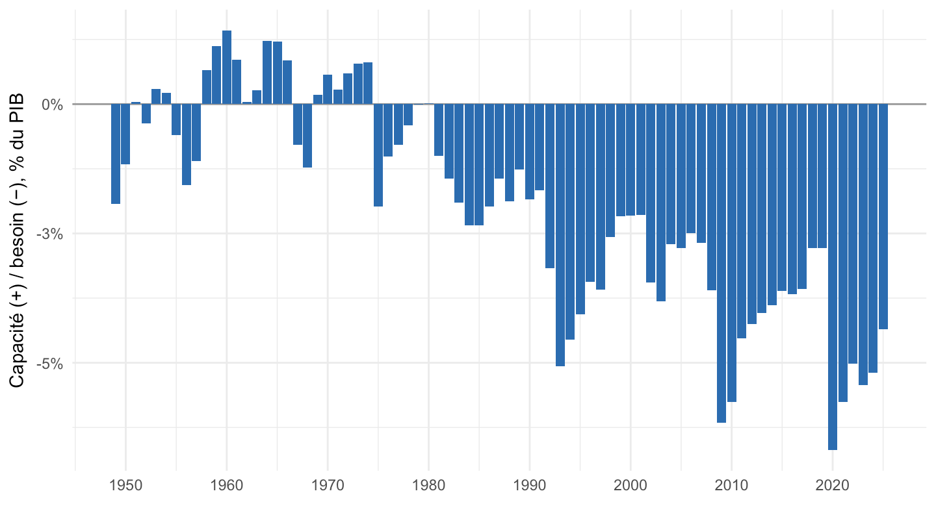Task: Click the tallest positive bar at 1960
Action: [227, 68]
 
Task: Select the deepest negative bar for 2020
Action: [833, 277]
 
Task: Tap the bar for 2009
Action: [721, 264]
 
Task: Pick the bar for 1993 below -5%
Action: [560, 235]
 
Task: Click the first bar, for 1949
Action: [116, 154]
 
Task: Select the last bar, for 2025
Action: [883, 217]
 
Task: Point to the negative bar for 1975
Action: [378, 155]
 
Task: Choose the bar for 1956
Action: [187, 144]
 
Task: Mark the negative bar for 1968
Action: [307, 136]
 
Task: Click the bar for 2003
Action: [661, 203]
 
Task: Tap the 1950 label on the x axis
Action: [126, 486]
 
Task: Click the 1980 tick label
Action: [429, 486]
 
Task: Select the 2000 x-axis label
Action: [630, 486]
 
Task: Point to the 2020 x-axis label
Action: [833, 486]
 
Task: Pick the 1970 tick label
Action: [328, 486]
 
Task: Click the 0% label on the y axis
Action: [52, 105]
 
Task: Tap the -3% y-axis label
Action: [49, 234]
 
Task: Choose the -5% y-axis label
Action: [49, 364]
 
